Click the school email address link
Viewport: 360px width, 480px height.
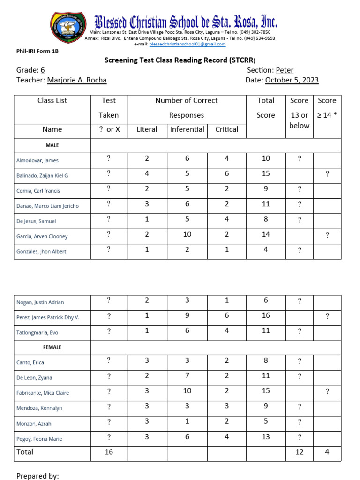click(187, 44)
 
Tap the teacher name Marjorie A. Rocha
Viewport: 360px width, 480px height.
click(77, 80)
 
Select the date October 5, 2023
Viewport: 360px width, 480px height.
click(292, 80)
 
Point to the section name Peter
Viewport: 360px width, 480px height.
click(285, 70)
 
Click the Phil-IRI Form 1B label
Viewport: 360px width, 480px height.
click(37, 51)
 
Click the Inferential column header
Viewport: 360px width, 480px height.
click(187, 129)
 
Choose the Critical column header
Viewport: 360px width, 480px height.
click(226, 129)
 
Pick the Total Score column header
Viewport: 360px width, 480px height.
click(266, 108)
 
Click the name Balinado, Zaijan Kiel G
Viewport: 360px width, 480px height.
click(42, 175)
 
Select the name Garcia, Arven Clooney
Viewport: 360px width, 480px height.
click(42, 236)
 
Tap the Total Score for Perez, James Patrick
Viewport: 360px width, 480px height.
click(266, 315)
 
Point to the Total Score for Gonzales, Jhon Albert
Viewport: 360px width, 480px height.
click(266, 250)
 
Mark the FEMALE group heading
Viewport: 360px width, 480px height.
click(52, 347)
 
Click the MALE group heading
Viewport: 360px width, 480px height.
click(52, 145)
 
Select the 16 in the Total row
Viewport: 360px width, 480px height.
click(109, 452)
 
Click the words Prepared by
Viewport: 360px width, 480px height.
click(37, 476)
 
